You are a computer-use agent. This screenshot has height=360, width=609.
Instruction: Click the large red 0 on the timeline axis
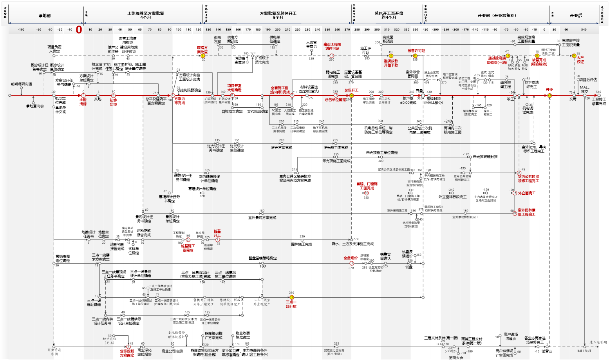pos(79,30)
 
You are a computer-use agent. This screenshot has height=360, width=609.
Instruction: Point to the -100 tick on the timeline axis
pos(21,29)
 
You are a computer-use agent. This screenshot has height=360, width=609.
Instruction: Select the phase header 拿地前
pos(45,16)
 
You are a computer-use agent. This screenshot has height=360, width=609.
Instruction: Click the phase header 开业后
pos(575,16)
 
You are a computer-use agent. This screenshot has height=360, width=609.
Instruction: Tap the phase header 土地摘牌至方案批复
pos(145,15)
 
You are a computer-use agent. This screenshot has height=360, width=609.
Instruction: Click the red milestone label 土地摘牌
pos(83,102)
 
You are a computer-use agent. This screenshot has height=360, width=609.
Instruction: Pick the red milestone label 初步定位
pos(114,102)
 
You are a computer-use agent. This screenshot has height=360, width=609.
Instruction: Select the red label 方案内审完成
pos(179,101)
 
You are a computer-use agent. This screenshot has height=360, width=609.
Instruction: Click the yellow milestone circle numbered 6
pos(203,56)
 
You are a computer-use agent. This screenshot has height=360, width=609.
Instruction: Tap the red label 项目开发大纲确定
pos(234,88)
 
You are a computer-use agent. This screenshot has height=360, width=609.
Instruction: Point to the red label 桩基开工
pos(217,233)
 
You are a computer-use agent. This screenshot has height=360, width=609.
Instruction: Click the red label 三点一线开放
pos(291,304)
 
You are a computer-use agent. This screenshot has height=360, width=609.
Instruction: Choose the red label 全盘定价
pos(351,258)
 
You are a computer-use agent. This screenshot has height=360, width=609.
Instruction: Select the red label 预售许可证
pos(416,51)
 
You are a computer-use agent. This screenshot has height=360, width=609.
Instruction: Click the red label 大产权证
pos(580,60)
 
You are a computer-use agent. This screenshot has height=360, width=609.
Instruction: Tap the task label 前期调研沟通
pos(21,84)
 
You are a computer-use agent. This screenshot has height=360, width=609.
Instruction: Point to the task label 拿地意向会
pos(35,106)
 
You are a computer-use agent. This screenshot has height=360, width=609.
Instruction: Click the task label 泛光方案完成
pos(282,148)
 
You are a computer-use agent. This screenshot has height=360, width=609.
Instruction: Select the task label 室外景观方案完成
pos(262,217)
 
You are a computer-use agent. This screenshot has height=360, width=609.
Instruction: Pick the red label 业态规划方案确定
pos(127,353)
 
